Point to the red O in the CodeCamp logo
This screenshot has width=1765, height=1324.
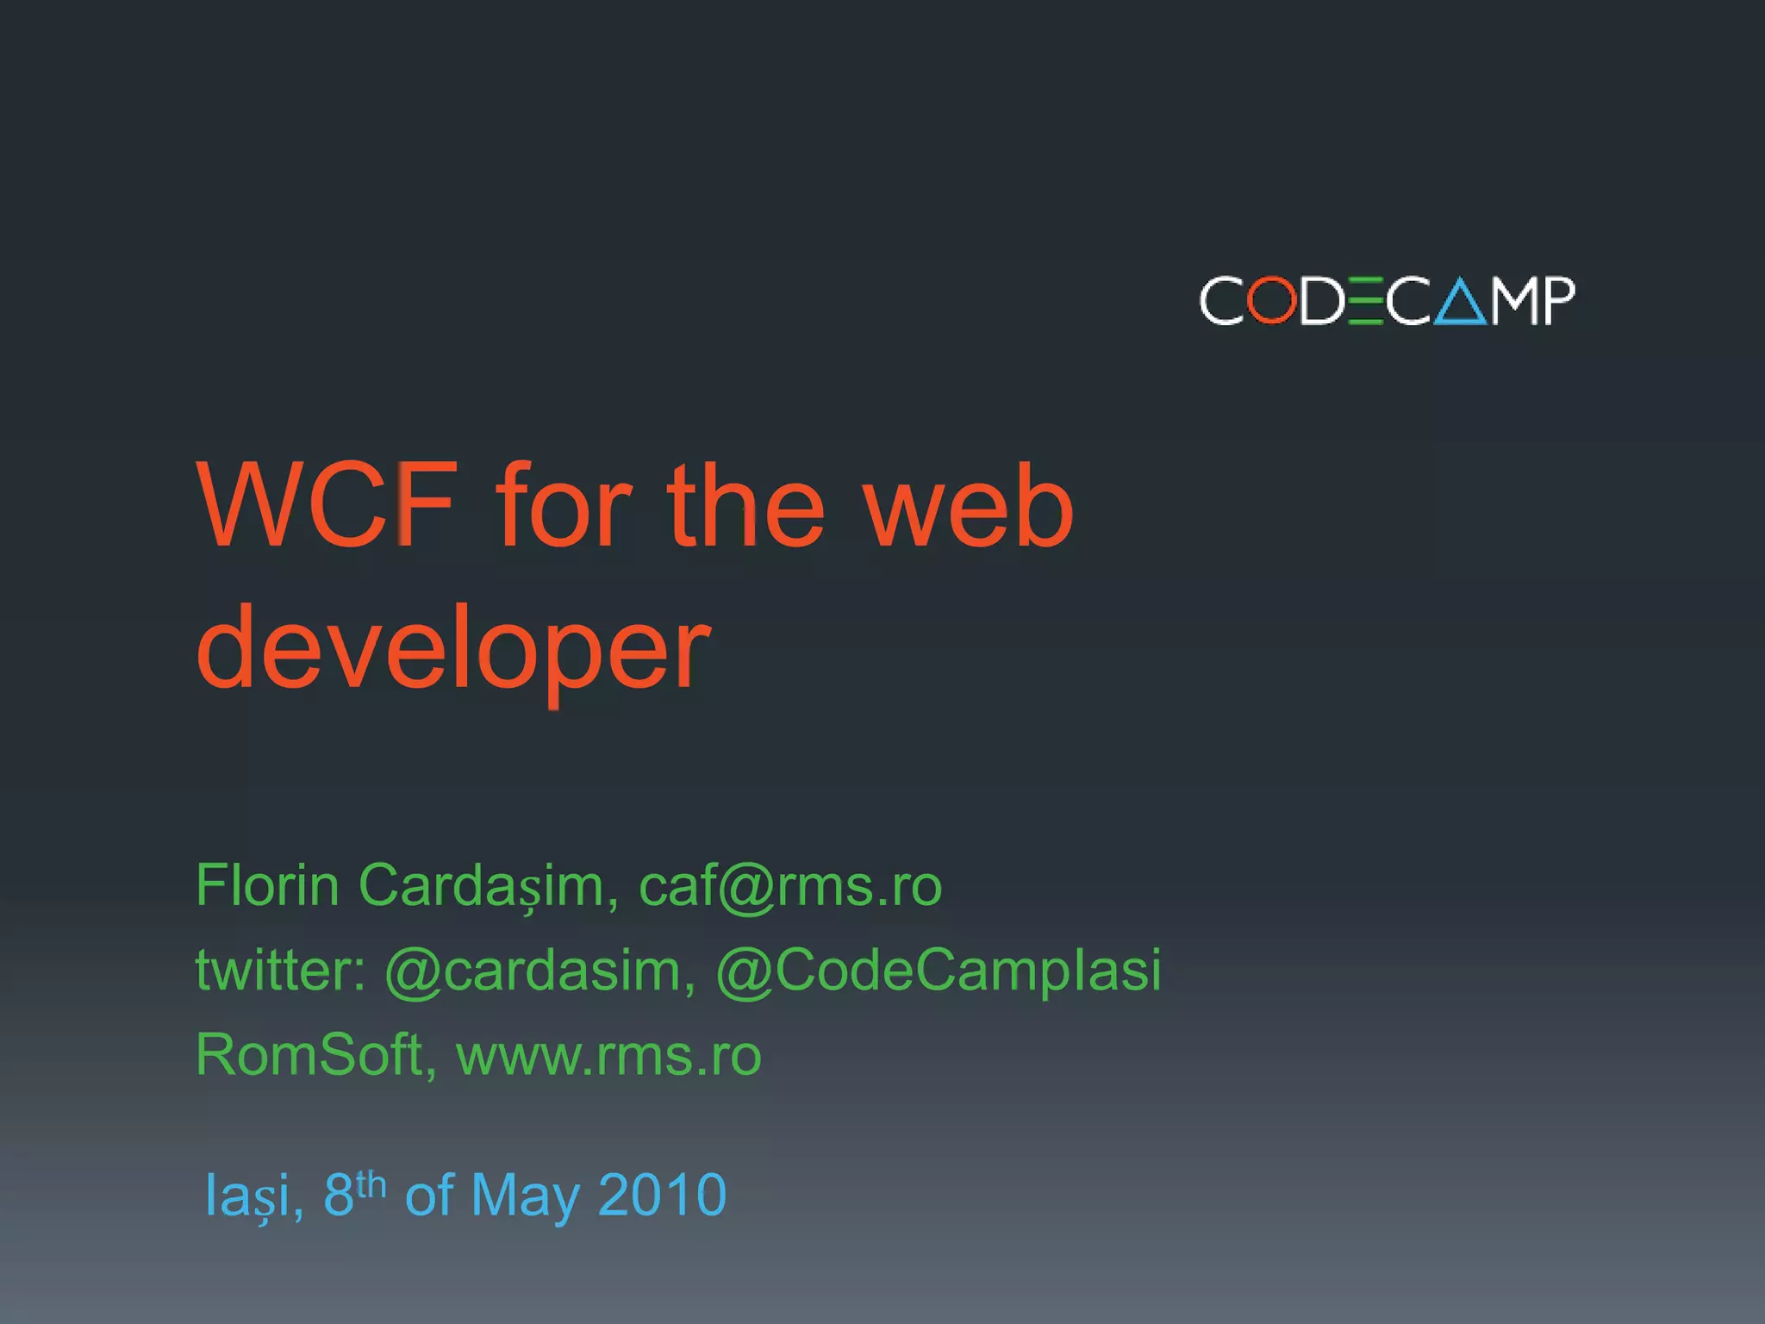pyautogui.click(x=1272, y=301)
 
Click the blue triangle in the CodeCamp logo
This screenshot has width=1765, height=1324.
pyautogui.click(x=1460, y=303)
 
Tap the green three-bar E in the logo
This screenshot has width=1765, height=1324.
pyautogui.click(x=1365, y=301)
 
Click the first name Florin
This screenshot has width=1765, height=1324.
pyautogui.click(x=267, y=885)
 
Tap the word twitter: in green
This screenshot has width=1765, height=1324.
pyautogui.click(x=281, y=970)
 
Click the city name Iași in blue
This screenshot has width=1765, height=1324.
pyautogui.click(x=253, y=1196)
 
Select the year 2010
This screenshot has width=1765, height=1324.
pyautogui.click(x=662, y=1195)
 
